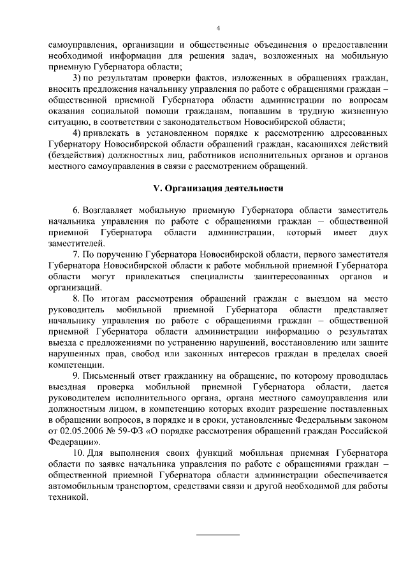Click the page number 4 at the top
(x=217, y=28)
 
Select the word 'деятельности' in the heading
(x=252, y=189)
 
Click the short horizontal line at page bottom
(x=217, y=534)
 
